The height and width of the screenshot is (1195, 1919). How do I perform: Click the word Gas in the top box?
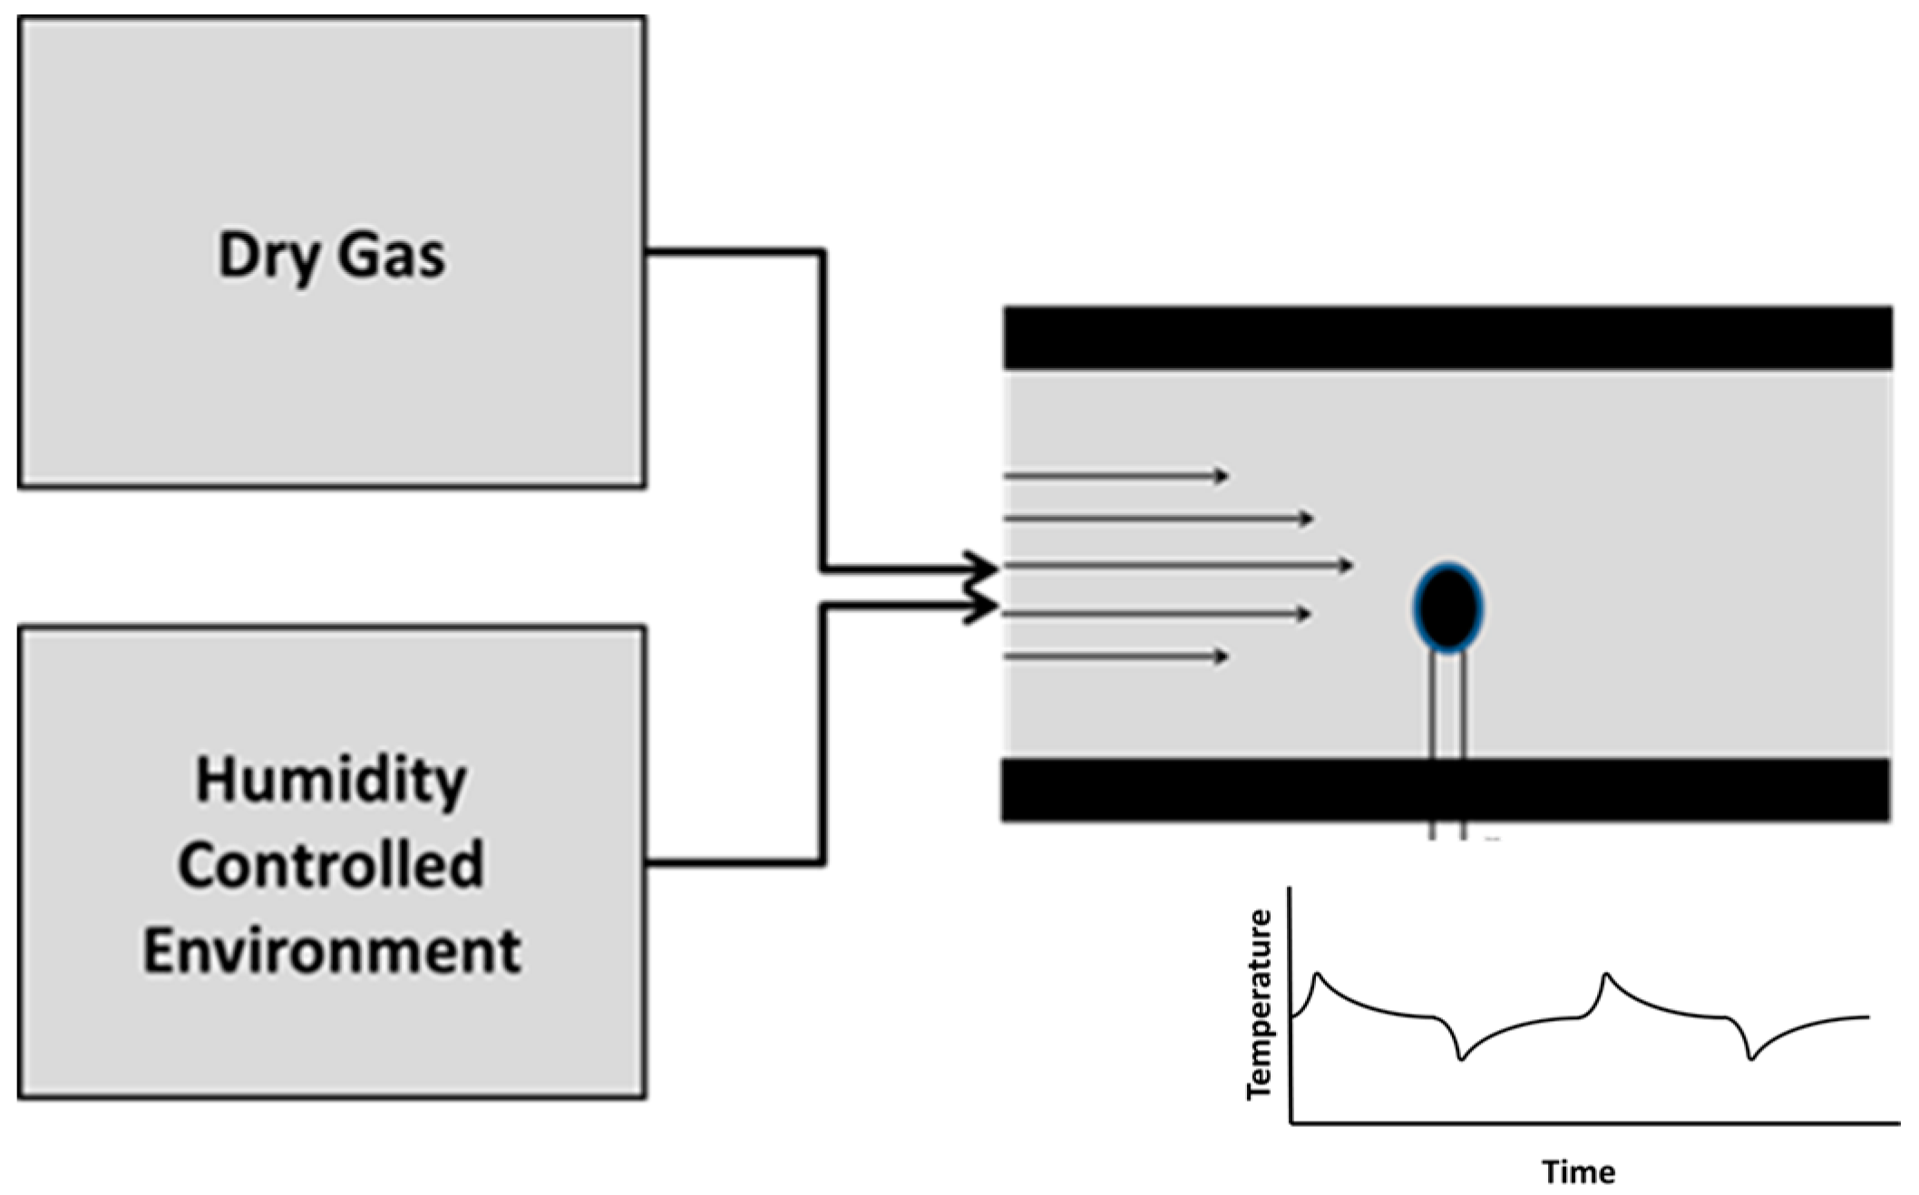tap(391, 256)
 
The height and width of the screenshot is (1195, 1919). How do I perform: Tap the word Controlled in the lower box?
tap(331, 865)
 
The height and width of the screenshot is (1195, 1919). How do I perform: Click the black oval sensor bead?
tap(1447, 607)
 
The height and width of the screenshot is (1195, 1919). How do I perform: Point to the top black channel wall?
tap(1447, 338)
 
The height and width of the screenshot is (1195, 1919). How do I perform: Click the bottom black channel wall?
tap(1447, 790)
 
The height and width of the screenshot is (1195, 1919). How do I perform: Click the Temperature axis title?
tap(1260, 1005)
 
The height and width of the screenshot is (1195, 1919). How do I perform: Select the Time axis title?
tap(1578, 1172)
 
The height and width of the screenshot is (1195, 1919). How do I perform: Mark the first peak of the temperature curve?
tap(1318, 975)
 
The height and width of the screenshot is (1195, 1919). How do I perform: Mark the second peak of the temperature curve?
tap(1606, 975)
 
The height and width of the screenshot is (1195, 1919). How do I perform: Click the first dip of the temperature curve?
tap(1461, 1059)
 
